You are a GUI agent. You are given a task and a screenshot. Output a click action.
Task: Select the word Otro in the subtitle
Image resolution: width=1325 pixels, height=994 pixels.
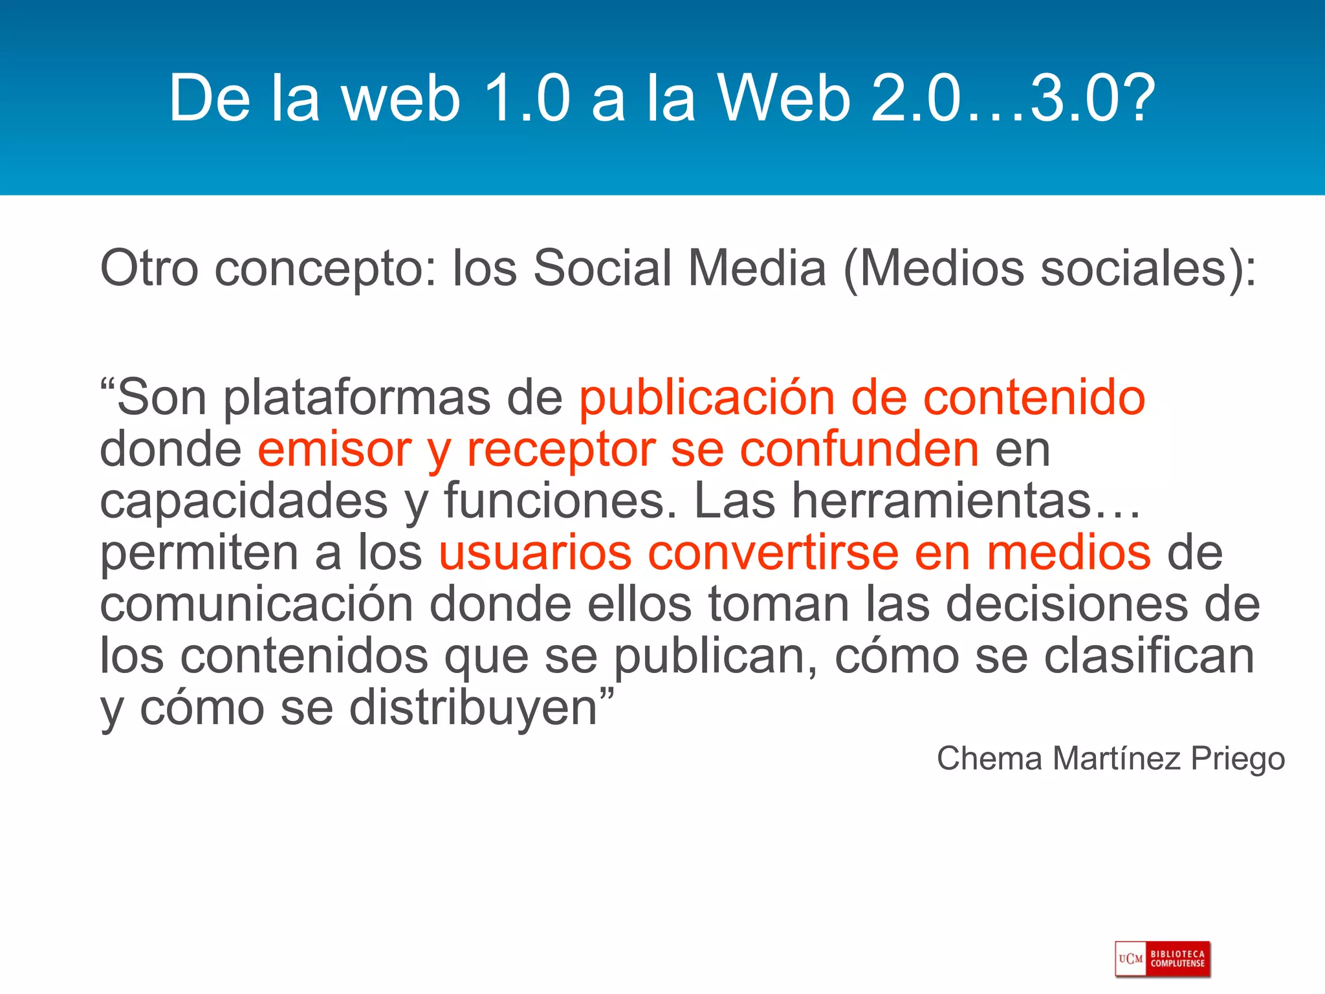point(149,268)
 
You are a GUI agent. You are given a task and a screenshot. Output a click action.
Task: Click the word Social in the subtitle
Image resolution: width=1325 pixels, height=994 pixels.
point(602,268)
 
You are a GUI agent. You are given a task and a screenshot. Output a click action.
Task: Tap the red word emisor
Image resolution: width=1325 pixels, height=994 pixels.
point(334,449)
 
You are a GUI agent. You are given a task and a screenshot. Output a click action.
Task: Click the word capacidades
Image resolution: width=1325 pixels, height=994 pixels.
point(243,501)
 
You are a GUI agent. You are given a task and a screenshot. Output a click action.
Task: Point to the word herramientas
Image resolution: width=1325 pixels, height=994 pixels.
point(942,501)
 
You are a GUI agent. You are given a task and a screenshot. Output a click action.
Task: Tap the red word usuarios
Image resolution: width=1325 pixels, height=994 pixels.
point(534,553)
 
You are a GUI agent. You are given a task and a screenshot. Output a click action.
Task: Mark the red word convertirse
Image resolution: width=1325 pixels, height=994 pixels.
point(773,553)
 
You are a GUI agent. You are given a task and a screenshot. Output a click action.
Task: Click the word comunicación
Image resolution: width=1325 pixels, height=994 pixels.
point(256,604)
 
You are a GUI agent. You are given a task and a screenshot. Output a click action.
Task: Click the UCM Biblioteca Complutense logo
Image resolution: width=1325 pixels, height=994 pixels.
point(1162,959)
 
